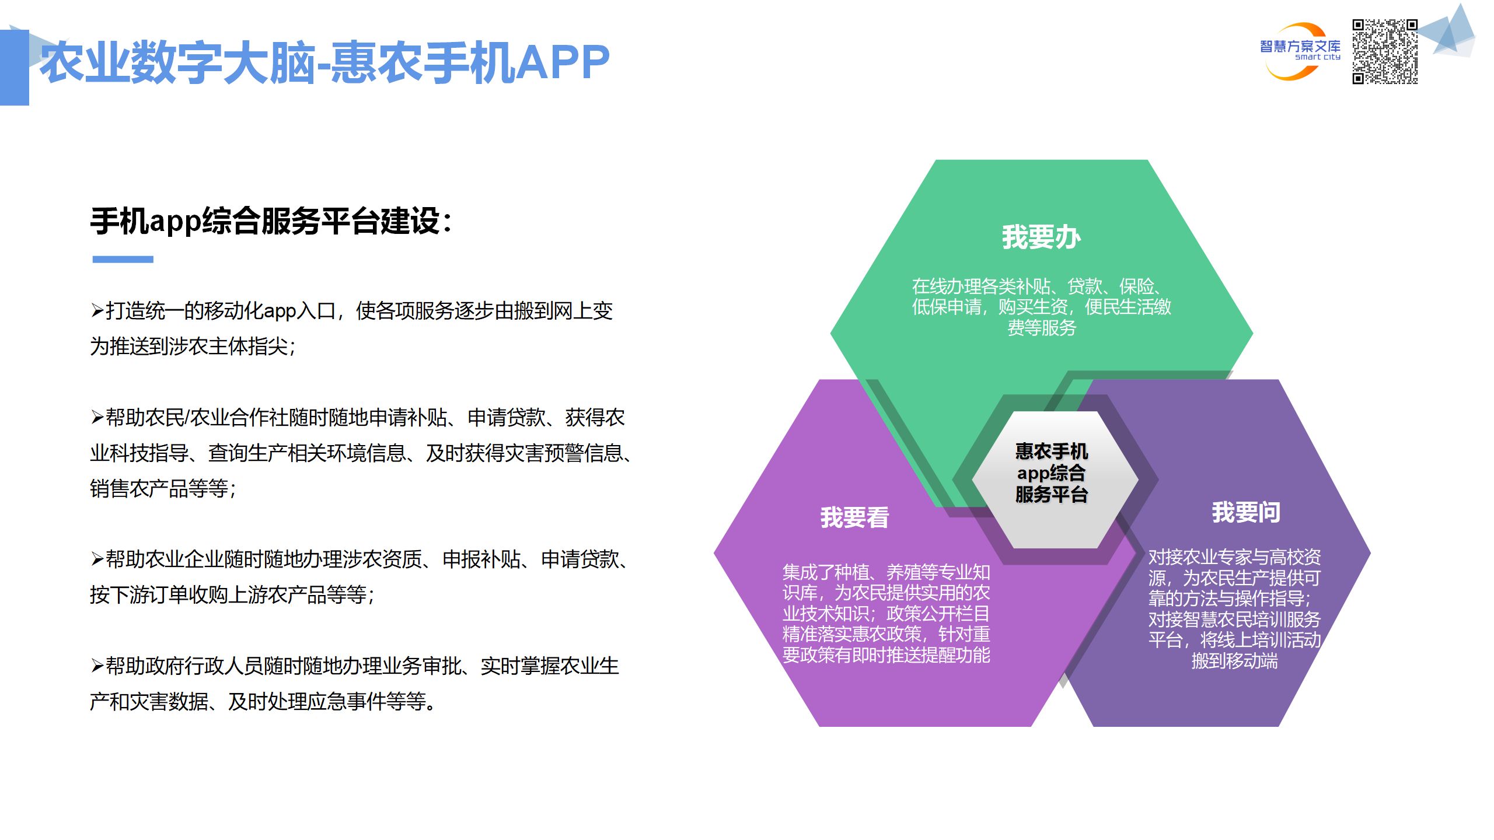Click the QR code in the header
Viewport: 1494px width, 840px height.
pyautogui.click(x=1384, y=51)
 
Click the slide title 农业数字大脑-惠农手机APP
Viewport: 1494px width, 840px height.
pyautogui.click(x=324, y=62)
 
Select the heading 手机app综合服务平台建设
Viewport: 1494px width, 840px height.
pyautogui.click(x=271, y=221)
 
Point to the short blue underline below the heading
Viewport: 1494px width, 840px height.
pyautogui.click(x=123, y=259)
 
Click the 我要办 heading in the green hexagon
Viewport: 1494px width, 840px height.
pyautogui.click(x=1041, y=237)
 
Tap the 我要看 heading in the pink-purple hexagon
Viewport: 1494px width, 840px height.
pyautogui.click(x=854, y=517)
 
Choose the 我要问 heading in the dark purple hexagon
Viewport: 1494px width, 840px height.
pyautogui.click(x=1246, y=512)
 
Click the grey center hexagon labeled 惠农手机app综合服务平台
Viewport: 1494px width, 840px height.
pyautogui.click(x=1051, y=473)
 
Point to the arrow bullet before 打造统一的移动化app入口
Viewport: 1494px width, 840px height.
pyautogui.click(x=97, y=310)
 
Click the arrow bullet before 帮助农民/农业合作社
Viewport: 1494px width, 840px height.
pyautogui.click(x=97, y=417)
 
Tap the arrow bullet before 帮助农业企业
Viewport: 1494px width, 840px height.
pyautogui.click(x=97, y=559)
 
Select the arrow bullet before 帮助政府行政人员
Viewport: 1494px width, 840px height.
pyautogui.click(x=97, y=666)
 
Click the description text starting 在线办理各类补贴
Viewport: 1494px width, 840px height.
pyautogui.click(x=1041, y=307)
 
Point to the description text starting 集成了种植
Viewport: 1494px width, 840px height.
pyautogui.click(x=886, y=613)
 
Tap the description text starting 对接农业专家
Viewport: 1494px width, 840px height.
pyautogui.click(x=1234, y=608)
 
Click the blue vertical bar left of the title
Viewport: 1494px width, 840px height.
pyautogui.click(x=14, y=67)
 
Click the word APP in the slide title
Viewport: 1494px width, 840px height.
pyautogui.click(x=563, y=62)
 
